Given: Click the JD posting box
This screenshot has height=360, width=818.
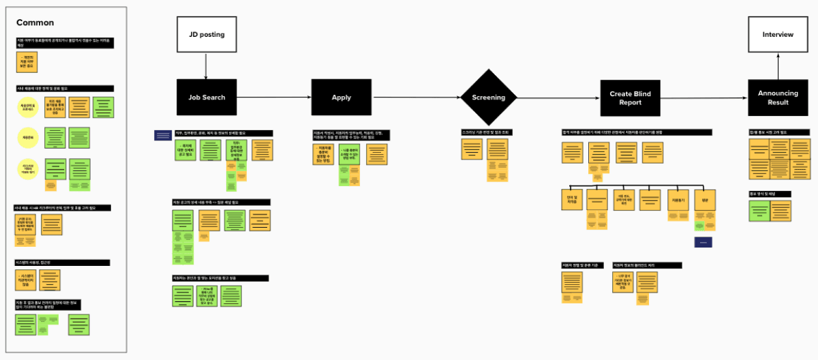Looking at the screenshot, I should tap(206, 35).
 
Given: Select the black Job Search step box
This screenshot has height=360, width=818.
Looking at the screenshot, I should tap(206, 97).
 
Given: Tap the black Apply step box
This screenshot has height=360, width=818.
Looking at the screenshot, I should tap(341, 97).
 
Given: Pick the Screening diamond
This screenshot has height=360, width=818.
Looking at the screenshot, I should tap(489, 97).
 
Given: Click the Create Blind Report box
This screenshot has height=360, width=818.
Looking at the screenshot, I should tap(631, 98).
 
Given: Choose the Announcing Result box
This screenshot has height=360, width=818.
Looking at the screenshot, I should tap(778, 98).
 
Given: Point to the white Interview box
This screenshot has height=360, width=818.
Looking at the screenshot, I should tap(778, 35).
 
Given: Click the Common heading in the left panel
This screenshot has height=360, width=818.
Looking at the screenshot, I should tap(35, 23).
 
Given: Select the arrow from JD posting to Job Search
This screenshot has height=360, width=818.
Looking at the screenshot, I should tap(206, 66).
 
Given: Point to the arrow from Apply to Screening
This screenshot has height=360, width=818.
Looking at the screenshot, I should tap(416, 97).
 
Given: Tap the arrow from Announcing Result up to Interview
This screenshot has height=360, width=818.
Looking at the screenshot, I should tap(778, 67).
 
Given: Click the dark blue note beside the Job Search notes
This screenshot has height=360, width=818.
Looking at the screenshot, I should tap(164, 136).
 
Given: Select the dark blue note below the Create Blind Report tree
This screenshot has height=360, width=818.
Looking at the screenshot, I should tap(703, 242).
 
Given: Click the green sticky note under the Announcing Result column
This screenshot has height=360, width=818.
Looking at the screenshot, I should tap(759, 211).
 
